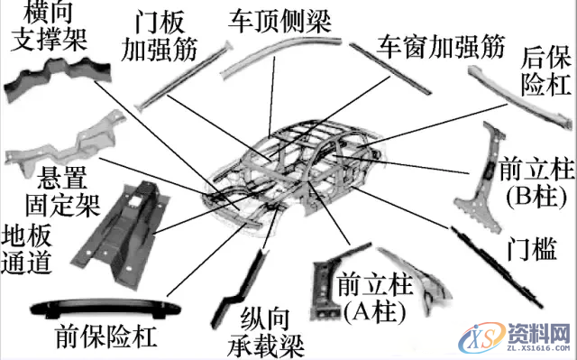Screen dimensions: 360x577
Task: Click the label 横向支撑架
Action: point(55,28)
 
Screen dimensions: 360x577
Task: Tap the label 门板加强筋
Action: point(168,33)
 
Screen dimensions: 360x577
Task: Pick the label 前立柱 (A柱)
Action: point(372,298)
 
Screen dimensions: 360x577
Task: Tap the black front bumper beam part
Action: point(99,307)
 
